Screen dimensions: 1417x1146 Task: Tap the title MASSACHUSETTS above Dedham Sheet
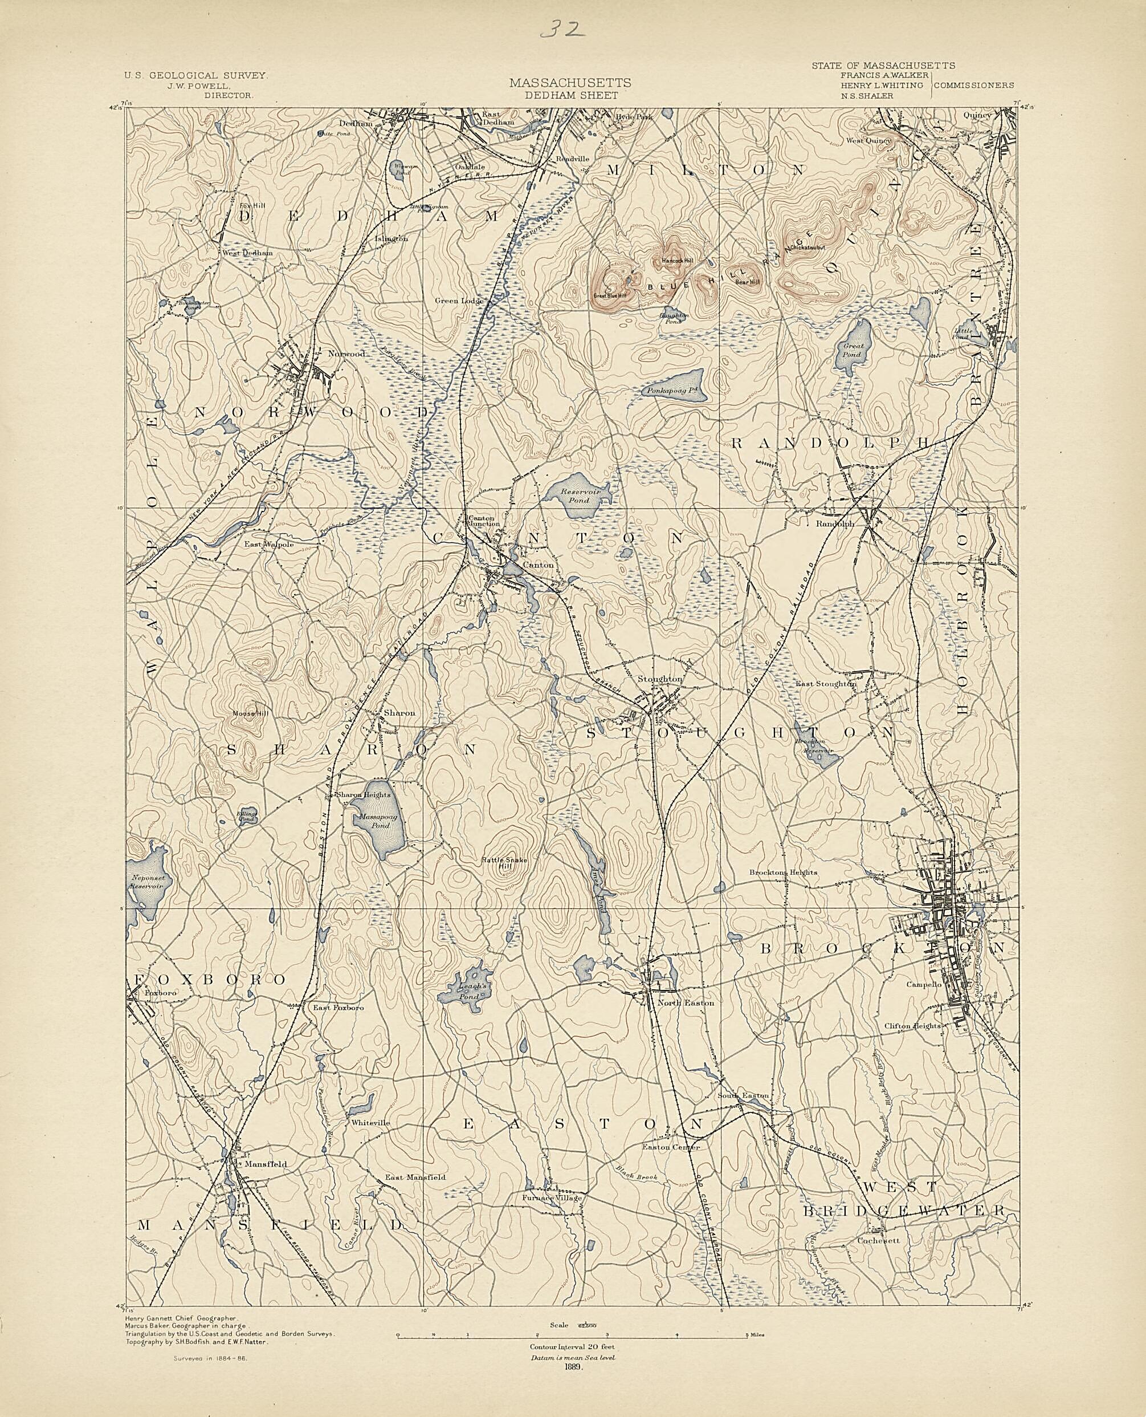[x=569, y=83]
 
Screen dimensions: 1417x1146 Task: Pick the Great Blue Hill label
[x=609, y=295]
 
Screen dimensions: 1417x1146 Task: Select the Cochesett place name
[x=875, y=1241]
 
